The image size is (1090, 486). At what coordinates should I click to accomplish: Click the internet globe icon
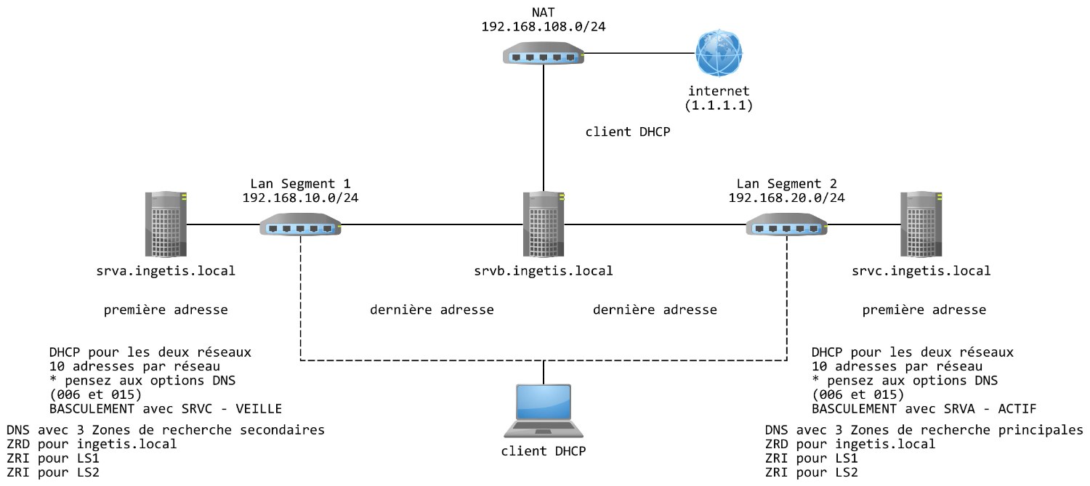pos(719,54)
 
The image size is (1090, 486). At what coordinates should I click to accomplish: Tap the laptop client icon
pos(544,409)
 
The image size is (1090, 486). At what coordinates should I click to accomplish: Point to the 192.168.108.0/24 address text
pos(543,26)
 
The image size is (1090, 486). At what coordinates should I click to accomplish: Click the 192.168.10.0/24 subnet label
pos(300,197)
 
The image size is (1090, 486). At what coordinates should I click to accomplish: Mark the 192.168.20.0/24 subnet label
pos(786,197)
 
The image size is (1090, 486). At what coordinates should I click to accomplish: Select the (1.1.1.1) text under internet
pos(718,105)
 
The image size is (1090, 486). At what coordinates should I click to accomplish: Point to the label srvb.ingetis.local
pos(543,271)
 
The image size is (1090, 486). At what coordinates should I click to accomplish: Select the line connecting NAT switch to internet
pos(637,53)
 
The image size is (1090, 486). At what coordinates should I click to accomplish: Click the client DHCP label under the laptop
pos(543,451)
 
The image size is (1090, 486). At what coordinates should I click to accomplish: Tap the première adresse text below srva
pos(166,309)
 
